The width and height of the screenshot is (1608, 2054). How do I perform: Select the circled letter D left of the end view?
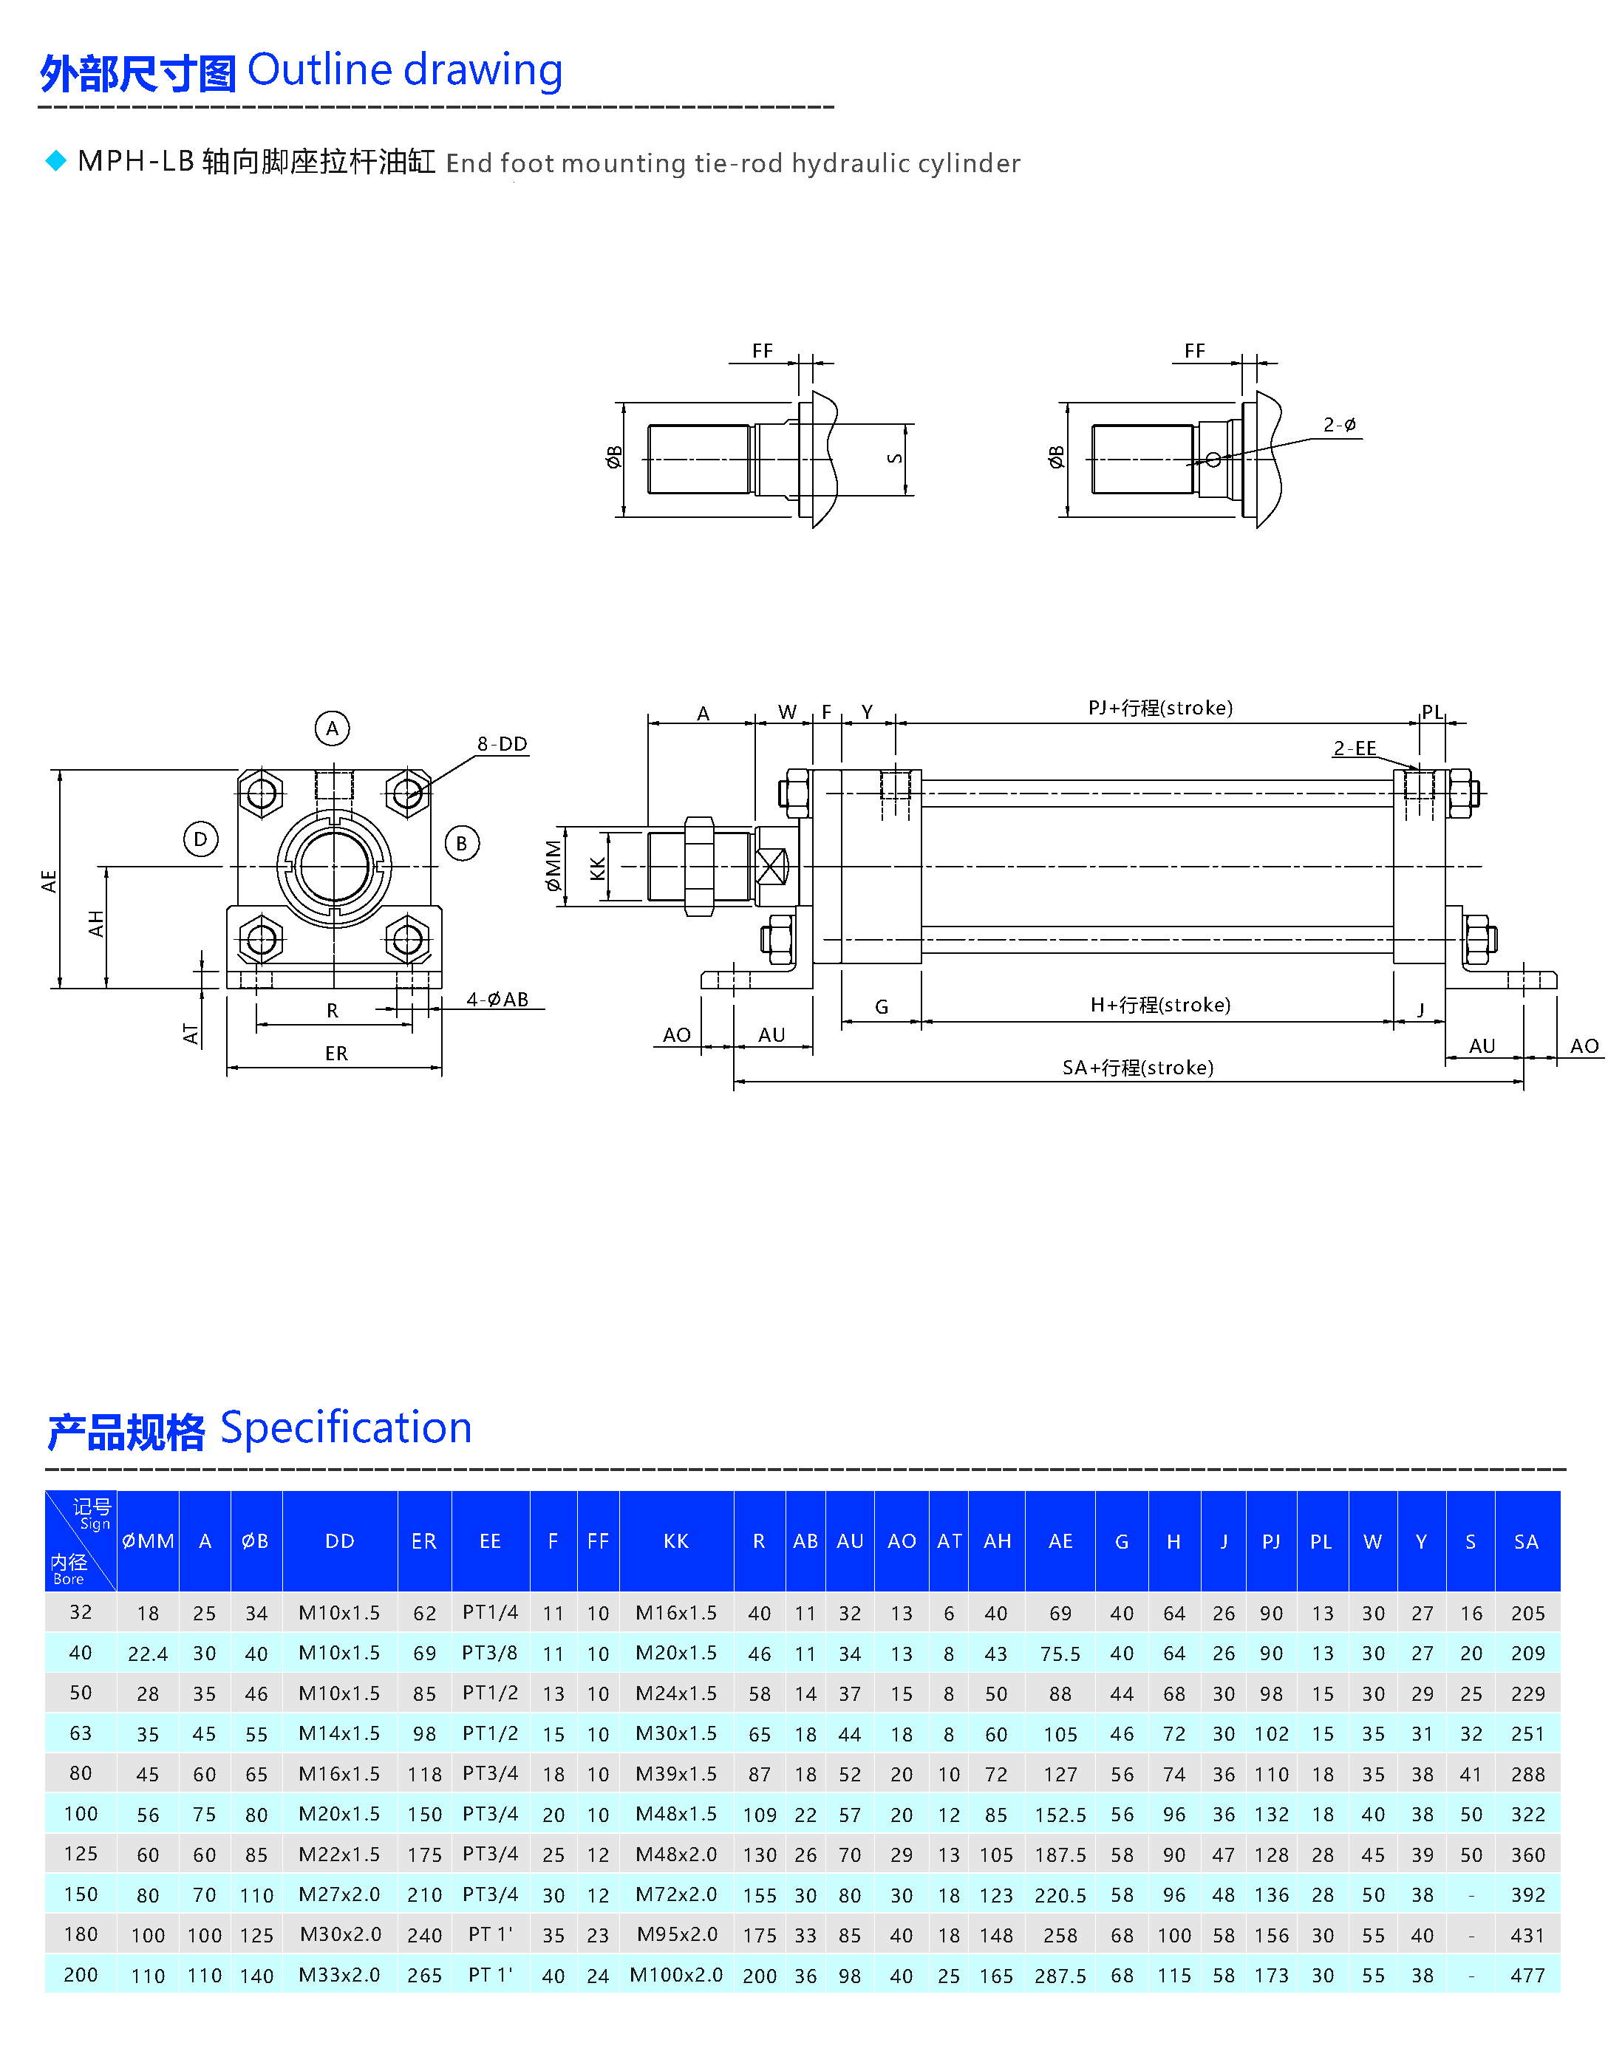click(200, 839)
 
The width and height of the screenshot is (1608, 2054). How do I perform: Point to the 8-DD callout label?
click(502, 744)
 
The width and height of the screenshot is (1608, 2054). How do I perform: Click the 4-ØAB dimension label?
click(497, 999)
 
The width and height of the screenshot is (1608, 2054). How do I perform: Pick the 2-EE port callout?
click(1354, 748)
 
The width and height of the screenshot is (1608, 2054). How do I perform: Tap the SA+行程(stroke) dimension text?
click(1137, 1068)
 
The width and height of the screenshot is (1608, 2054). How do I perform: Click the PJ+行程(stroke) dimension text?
click(1160, 708)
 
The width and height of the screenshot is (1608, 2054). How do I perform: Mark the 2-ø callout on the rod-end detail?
click(1339, 425)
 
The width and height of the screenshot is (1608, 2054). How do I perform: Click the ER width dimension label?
click(336, 1054)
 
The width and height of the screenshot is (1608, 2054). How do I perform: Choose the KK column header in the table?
click(676, 1541)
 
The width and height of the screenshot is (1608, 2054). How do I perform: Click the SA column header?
click(1526, 1542)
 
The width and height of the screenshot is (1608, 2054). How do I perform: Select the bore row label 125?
click(81, 1854)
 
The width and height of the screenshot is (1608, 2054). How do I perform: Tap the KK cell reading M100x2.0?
click(676, 1974)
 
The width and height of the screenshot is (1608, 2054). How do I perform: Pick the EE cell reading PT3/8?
click(489, 1653)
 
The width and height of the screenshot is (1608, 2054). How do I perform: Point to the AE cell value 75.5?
click(1060, 1654)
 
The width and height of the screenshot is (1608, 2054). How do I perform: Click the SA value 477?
click(1527, 1975)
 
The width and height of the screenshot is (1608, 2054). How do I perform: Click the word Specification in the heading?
click(346, 1428)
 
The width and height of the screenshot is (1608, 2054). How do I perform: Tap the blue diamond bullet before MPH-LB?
click(56, 161)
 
